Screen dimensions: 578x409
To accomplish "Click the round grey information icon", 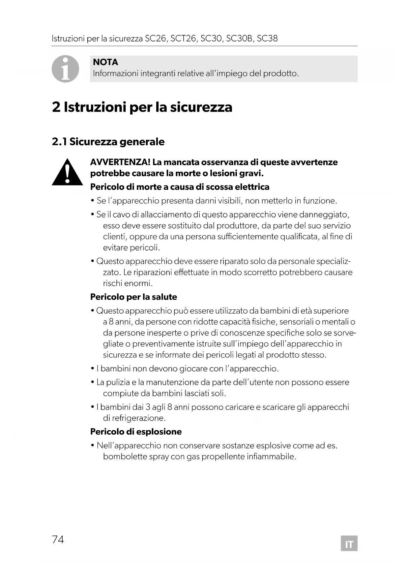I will point(66,69).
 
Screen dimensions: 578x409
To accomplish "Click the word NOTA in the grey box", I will point(105,62).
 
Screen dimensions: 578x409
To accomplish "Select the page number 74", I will point(58,539).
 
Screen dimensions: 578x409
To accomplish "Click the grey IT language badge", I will point(349,543).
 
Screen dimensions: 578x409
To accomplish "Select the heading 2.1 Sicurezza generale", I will point(108,142).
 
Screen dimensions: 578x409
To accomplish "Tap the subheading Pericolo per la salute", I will point(133,297).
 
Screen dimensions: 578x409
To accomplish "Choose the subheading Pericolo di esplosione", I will point(136,432).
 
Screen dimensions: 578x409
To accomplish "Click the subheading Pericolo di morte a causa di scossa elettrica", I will point(180,187).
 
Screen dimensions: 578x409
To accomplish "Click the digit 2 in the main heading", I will point(56,107).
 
